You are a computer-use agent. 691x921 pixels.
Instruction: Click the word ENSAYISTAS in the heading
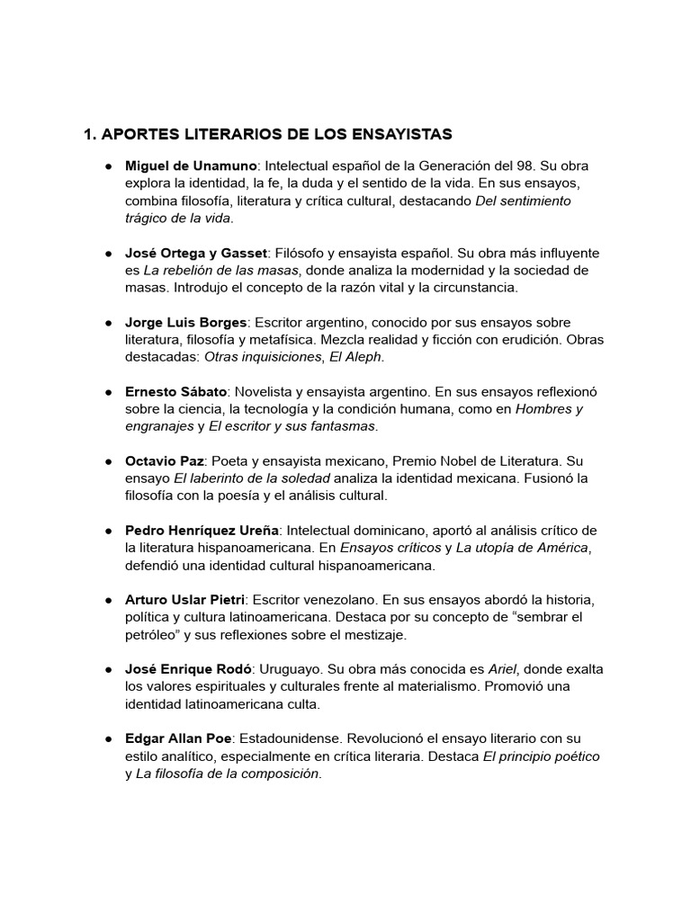click(x=399, y=135)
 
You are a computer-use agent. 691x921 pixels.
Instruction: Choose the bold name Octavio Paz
click(x=165, y=461)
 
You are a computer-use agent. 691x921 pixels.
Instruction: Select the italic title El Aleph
click(x=356, y=357)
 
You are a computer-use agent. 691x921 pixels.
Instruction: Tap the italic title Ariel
click(x=503, y=669)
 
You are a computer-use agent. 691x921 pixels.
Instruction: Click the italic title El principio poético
click(x=542, y=756)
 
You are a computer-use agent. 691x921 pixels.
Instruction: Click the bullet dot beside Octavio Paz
click(x=107, y=461)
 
